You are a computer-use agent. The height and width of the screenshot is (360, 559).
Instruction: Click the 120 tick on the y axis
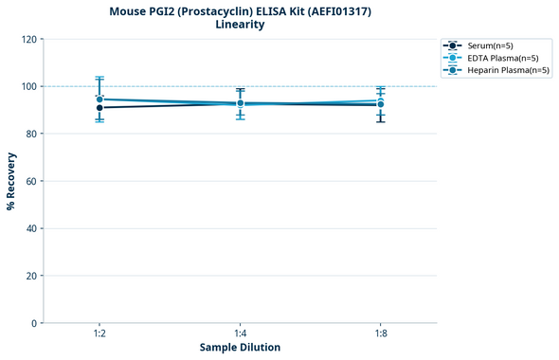click(30, 39)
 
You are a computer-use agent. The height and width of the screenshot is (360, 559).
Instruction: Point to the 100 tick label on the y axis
click(30, 86)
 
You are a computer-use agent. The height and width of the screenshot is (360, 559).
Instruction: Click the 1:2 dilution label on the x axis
click(99, 333)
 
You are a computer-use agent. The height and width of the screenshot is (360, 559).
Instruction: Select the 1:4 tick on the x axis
click(240, 333)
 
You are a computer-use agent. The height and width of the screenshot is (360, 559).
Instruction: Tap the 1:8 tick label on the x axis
click(380, 333)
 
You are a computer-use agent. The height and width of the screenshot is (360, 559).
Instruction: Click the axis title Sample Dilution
click(240, 348)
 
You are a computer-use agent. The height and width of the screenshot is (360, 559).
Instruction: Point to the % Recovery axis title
click(11, 181)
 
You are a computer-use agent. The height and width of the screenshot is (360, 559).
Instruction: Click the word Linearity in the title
click(240, 25)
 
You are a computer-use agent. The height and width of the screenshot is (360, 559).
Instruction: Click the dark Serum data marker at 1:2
click(99, 107)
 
